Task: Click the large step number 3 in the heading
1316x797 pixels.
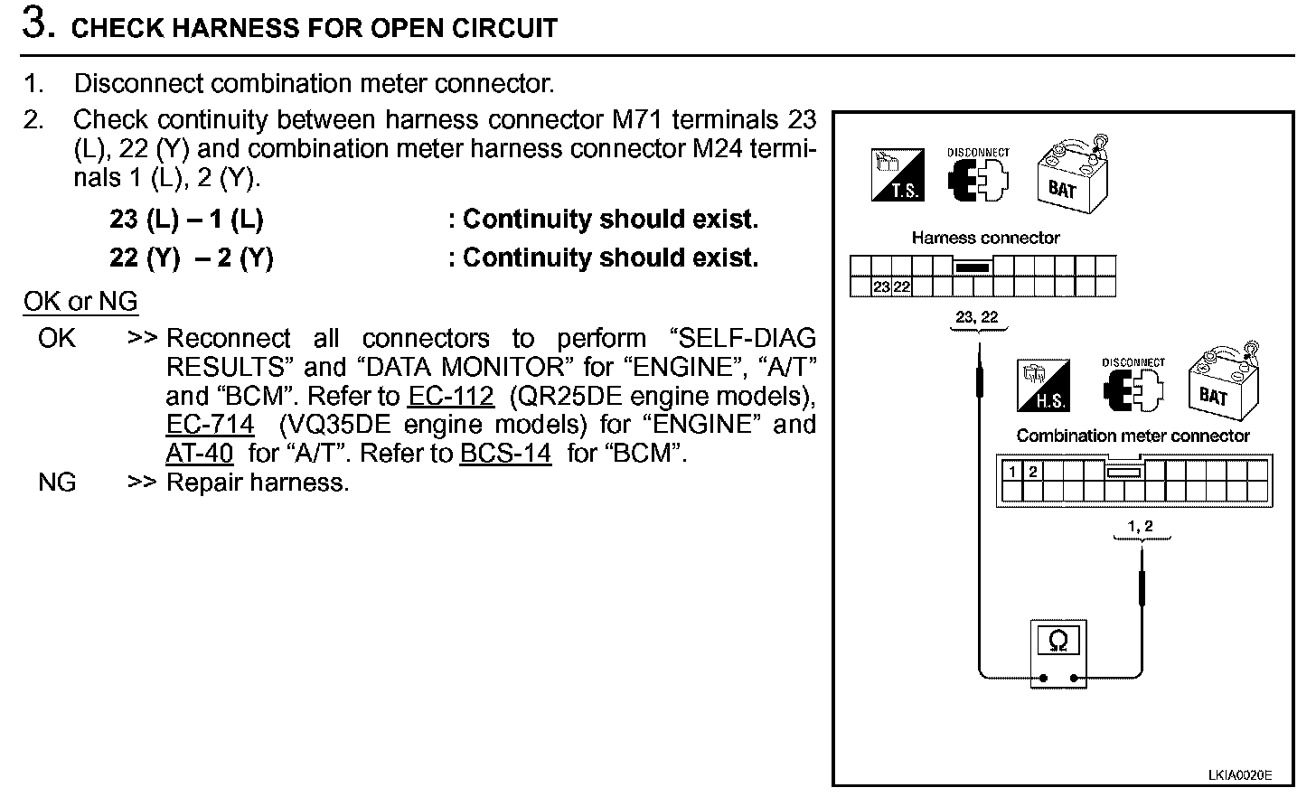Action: [x=33, y=25]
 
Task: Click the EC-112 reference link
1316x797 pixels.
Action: [x=450, y=396]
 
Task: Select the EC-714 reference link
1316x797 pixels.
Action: [x=210, y=425]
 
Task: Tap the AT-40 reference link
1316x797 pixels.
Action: [x=200, y=454]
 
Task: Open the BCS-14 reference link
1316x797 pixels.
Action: [x=504, y=454]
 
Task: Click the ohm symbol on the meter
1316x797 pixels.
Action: [x=1058, y=642]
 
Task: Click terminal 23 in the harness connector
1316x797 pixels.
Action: [x=882, y=287]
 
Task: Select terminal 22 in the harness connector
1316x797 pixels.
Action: [x=901, y=287]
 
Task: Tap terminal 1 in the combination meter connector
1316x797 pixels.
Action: [x=1013, y=472]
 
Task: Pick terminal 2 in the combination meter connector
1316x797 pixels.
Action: [x=1032, y=472]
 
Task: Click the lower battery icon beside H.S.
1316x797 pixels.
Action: [x=1221, y=384]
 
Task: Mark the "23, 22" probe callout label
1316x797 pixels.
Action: [x=977, y=317]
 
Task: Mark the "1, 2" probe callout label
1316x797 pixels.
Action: [x=1141, y=526]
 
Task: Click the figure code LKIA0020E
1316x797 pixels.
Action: [x=1239, y=775]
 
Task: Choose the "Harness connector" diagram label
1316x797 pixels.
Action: [x=985, y=238]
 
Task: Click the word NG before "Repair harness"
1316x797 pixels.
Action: [x=57, y=483]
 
